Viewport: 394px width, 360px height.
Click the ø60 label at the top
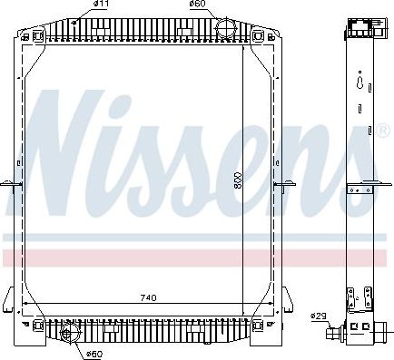[x=196, y=5]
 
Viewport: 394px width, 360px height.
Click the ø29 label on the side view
[x=318, y=316]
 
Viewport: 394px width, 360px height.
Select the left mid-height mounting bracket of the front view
[x=15, y=186]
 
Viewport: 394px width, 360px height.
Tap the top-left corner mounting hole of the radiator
[x=25, y=36]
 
